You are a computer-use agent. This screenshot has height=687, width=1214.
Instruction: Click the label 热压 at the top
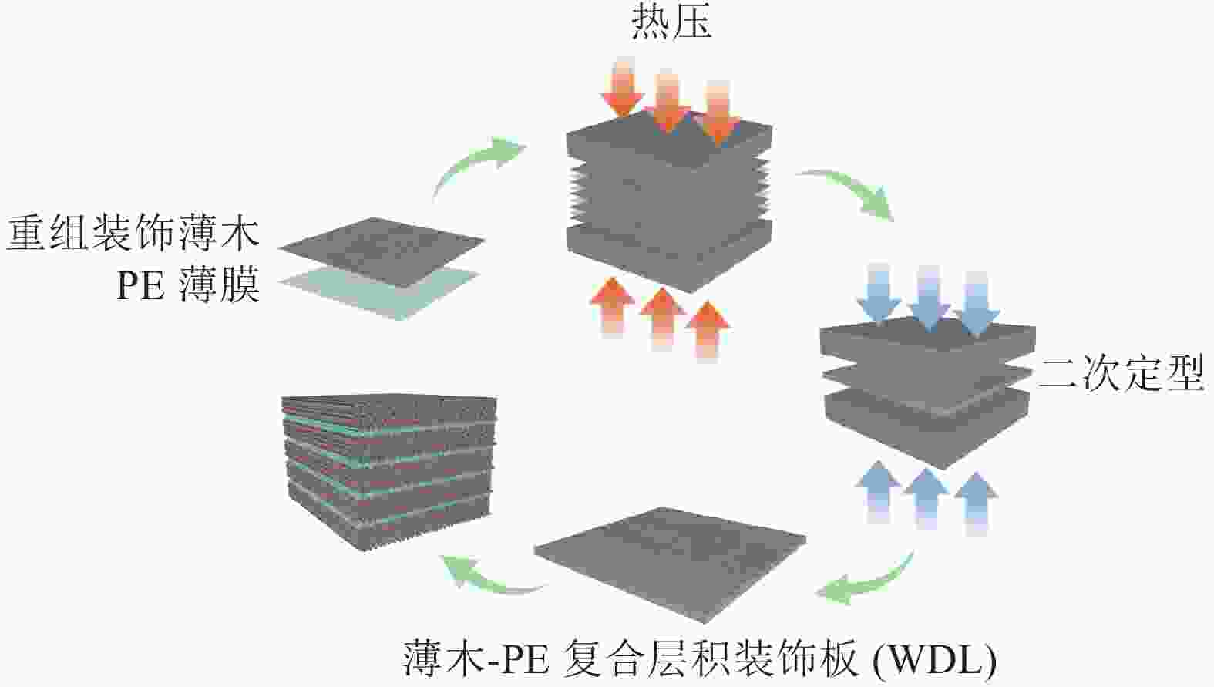671,22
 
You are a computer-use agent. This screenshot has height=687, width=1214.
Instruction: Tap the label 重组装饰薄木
133,232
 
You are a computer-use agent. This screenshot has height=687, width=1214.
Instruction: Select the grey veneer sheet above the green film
382,251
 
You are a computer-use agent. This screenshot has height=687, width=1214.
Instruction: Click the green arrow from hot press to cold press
852,193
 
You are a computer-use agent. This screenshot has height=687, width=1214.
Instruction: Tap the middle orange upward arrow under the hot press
662,316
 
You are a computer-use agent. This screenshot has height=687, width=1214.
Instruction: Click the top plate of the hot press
669,143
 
